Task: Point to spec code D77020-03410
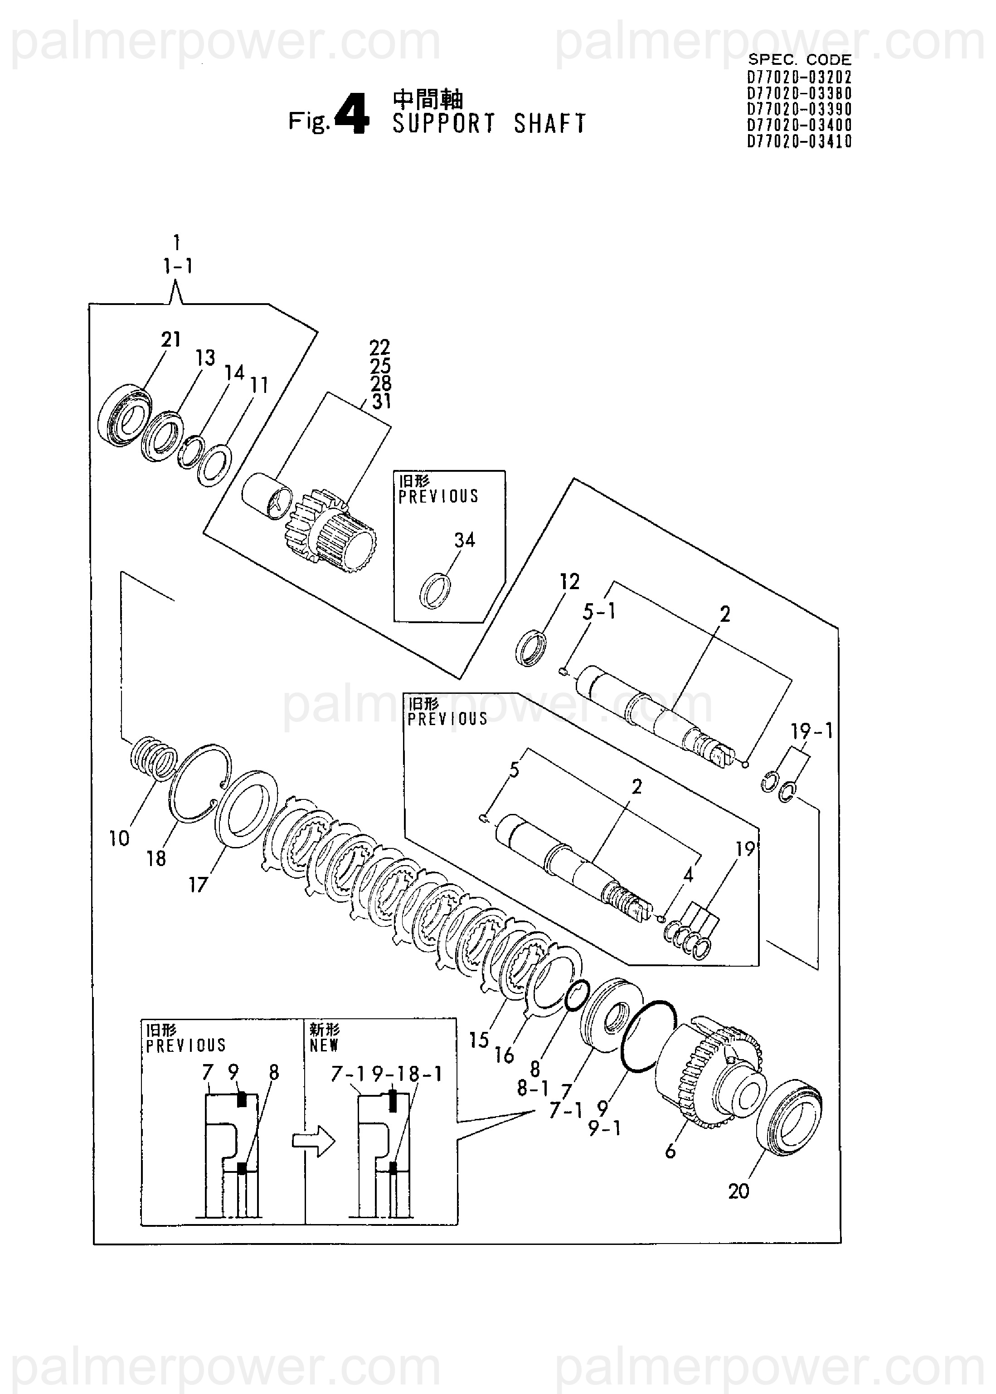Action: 799,141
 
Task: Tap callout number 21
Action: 171,339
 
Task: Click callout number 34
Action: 464,539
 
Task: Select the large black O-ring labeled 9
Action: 648,1036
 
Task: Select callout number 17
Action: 198,885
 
